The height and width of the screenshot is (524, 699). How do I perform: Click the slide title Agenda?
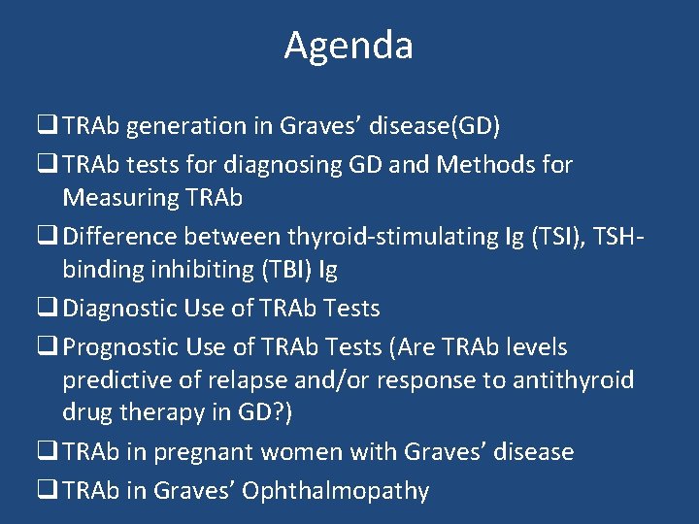pyautogui.click(x=349, y=46)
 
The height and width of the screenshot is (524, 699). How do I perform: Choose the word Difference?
pyautogui.click(x=119, y=236)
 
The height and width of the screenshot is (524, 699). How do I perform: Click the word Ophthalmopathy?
pyautogui.click(x=335, y=491)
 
